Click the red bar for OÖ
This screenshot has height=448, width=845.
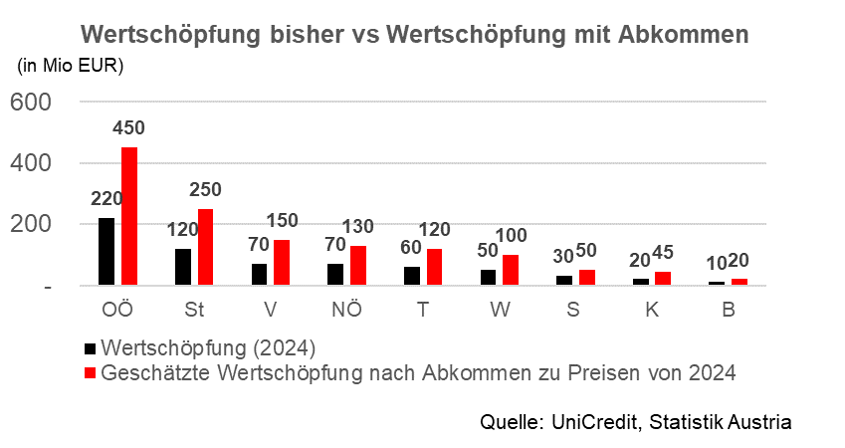pos(129,217)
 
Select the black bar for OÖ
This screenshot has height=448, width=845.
pos(106,252)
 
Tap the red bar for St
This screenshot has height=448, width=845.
pos(206,247)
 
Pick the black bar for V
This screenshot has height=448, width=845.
pos(259,275)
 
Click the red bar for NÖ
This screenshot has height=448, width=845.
pos(358,266)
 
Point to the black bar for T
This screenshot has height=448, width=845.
pos(412,276)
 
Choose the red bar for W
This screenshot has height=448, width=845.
pos(512,270)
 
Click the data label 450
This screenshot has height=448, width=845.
pos(129,128)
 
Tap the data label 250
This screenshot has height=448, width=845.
pos(205,189)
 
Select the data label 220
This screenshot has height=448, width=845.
pos(106,198)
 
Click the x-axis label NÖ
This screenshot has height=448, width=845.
pos(347,309)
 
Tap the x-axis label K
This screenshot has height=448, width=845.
pos(652,309)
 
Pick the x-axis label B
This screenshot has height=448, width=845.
pos(729,309)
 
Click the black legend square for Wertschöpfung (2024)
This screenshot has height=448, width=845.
pos(92,348)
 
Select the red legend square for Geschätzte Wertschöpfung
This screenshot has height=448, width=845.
pos(92,373)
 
